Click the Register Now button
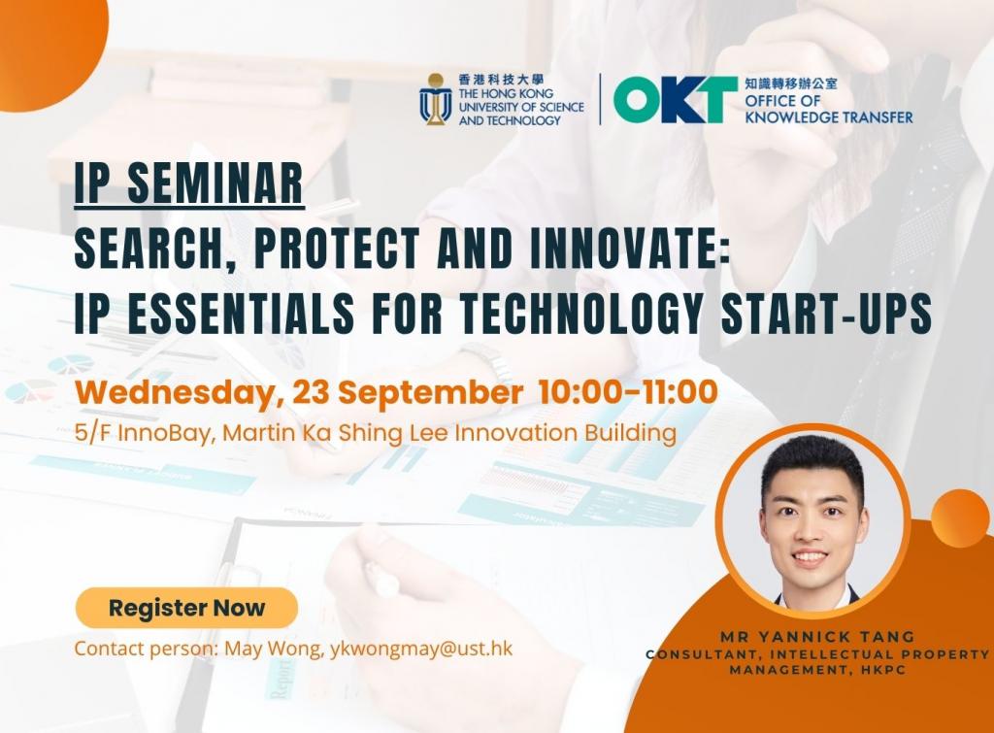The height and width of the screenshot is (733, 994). click(186, 608)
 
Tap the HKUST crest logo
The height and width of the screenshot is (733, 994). click(435, 99)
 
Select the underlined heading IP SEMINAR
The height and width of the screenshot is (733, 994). click(189, 183)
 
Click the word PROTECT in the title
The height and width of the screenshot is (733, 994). click(335, 248)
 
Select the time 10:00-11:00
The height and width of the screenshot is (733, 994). click(628, 391)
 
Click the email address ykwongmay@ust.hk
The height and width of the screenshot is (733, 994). click(421, 649)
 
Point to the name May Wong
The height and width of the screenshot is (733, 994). click(275, 649)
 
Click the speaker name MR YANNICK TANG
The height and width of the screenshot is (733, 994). click(817, 637)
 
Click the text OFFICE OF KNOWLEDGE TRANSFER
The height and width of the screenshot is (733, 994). click(829, 109)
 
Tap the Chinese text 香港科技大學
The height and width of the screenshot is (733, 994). click(502, 80)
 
